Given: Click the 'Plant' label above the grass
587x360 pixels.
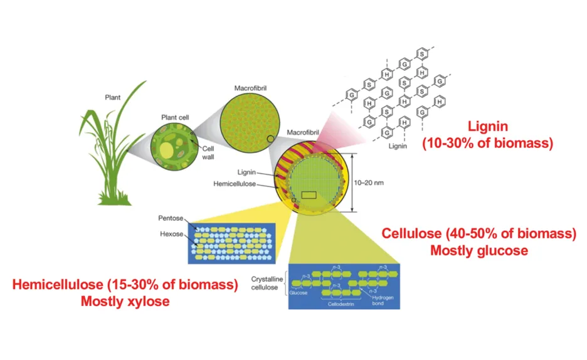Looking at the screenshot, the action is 113,97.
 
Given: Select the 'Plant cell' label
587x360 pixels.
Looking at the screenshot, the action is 175,117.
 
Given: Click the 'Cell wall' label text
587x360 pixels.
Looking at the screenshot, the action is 208,152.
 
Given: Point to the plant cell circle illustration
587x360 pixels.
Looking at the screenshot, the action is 174,146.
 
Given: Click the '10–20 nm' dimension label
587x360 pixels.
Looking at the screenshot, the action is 369,183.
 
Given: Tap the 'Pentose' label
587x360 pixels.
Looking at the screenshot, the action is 171,218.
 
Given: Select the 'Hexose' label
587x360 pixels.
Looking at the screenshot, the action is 171,234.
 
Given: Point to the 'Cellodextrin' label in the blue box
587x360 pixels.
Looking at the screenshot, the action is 341,304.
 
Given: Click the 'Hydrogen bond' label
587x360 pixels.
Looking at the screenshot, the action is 383,300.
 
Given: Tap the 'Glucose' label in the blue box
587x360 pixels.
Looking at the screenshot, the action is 299,293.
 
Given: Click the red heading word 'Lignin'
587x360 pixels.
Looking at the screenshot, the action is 488,126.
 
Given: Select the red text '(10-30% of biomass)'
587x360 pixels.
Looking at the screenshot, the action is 488,143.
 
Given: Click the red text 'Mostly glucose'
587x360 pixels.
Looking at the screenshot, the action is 479,250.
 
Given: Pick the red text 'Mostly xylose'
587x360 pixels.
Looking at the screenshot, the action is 125,301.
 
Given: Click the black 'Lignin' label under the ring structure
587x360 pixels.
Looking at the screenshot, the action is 398,146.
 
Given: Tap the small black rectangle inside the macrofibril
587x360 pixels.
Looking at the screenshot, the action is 309,195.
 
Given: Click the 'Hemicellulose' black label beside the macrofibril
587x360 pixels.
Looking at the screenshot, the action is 235,184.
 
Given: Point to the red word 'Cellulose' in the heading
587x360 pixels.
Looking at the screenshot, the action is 411,233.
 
